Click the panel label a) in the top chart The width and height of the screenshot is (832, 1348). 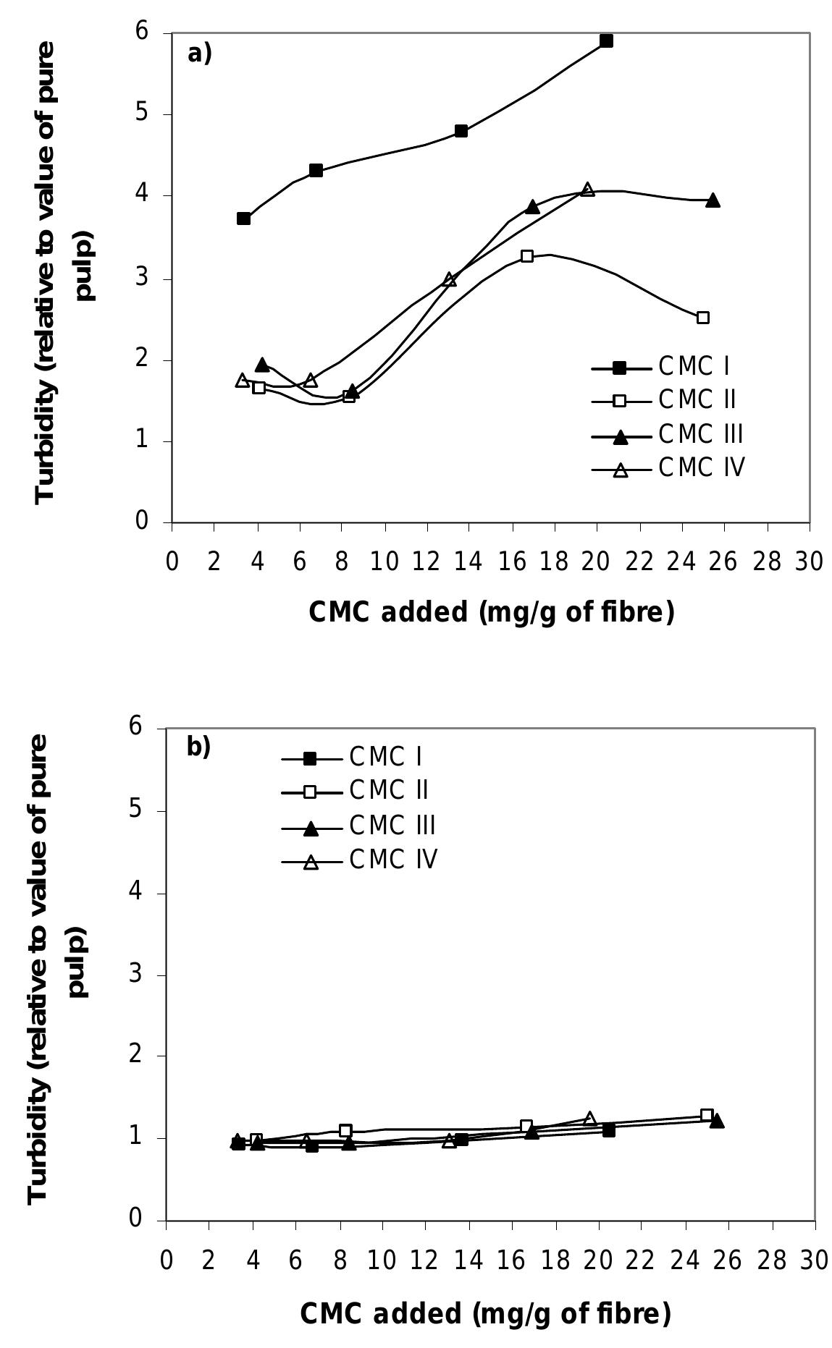coord(199,54)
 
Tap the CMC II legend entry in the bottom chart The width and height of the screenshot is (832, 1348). coord(389,790)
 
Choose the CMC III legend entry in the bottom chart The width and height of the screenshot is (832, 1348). coord(392,825)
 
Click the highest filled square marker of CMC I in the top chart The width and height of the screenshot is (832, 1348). coord(606,41)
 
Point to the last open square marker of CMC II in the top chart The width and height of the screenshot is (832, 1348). coord(702,318)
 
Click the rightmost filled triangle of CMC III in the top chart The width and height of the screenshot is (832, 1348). coord(713,200)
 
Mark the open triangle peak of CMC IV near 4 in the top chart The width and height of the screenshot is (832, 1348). coord(587,190)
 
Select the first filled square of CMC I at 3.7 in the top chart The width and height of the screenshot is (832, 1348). coord(243,219)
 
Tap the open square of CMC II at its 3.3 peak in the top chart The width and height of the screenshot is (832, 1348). coord(527,256)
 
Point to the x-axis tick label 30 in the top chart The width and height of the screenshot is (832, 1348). coord(809,563)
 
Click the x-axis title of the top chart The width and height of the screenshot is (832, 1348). coord(492,613)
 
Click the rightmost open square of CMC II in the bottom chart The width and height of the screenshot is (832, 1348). coord(707,1115)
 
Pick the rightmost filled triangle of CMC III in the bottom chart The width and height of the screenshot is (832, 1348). coord(716,1121)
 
